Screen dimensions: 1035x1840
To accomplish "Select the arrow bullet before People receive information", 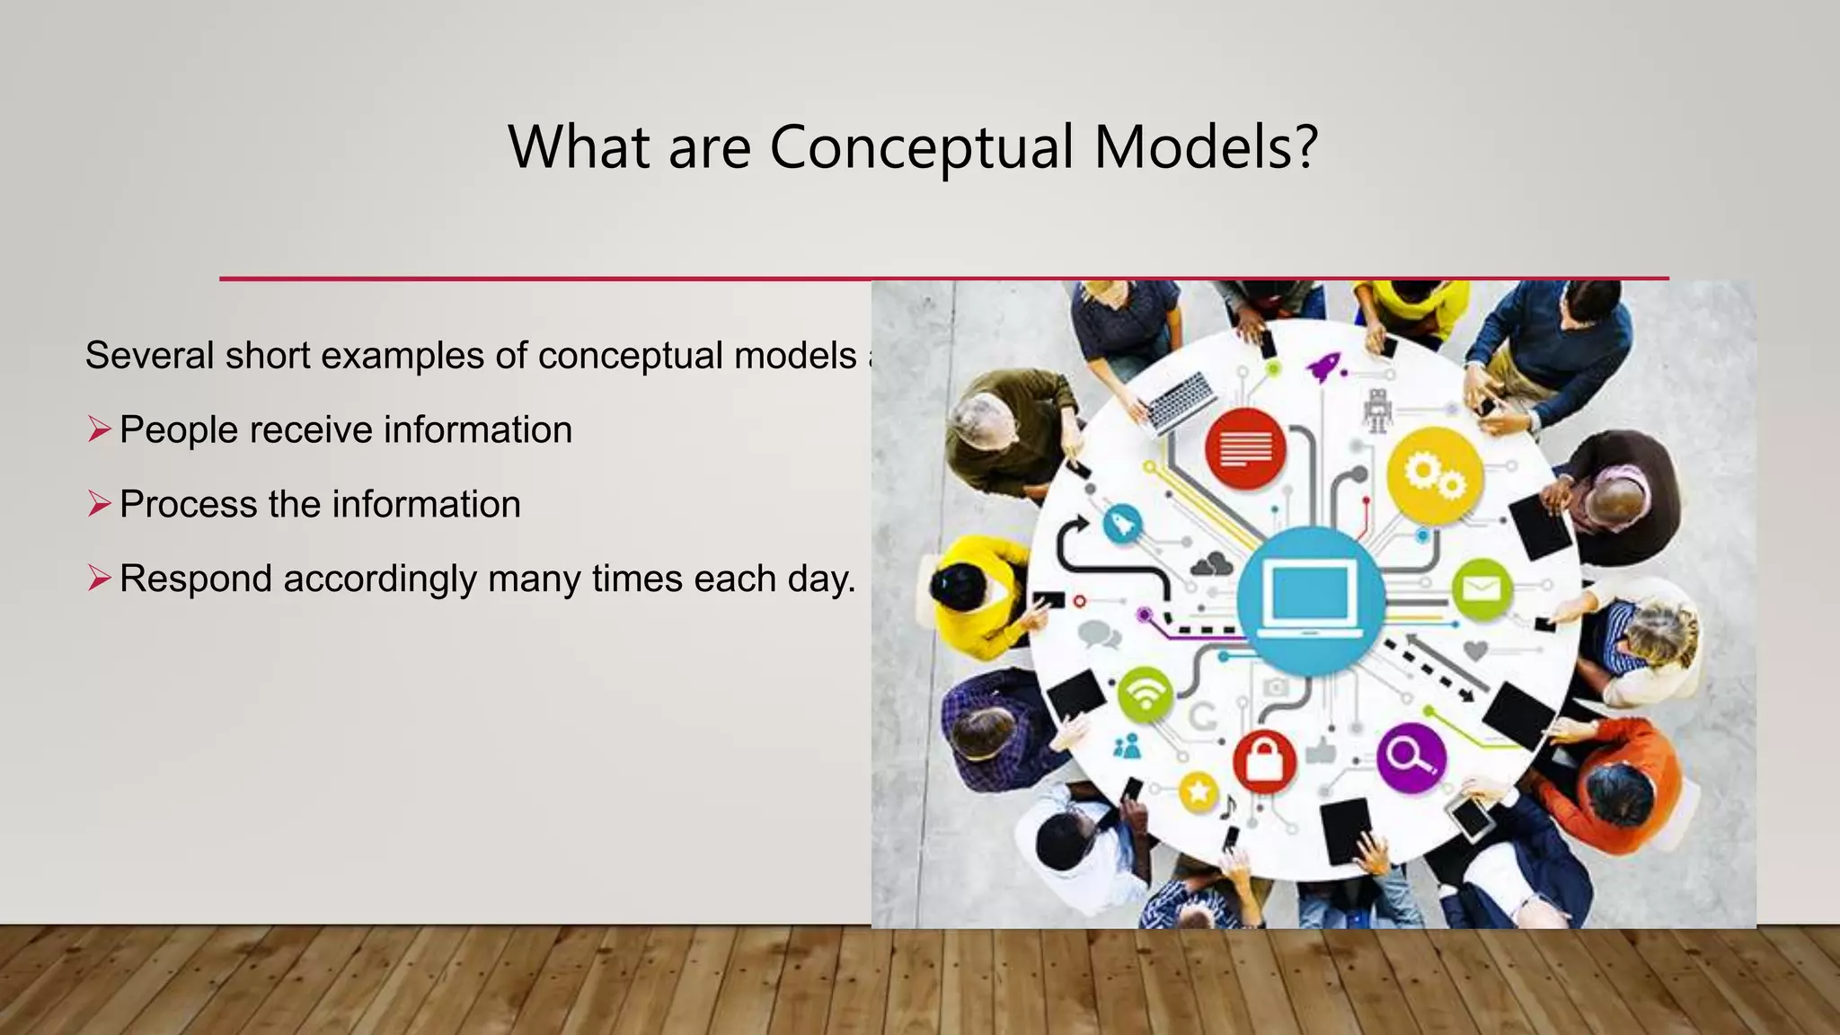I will [99, 429].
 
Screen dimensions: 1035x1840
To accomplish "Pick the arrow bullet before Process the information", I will [99, 504].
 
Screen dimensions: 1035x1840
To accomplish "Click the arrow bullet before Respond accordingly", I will [99, 579].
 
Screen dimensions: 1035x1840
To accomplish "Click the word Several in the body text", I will [150, 356].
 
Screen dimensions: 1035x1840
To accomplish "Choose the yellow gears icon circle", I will [1434, 475].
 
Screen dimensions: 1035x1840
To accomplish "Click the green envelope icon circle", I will [1482, 589].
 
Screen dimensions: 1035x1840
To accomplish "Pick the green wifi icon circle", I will [1145, 694].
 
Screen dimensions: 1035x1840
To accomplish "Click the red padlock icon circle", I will [1264, 760].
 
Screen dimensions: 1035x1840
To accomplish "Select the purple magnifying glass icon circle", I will [1411, 757].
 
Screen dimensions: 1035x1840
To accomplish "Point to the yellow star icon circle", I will [1198, 792].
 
